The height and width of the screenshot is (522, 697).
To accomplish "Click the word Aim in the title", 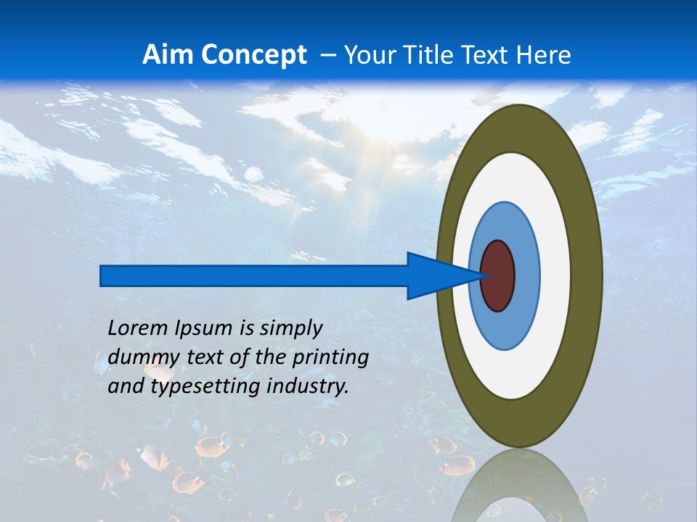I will [169, 55].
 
